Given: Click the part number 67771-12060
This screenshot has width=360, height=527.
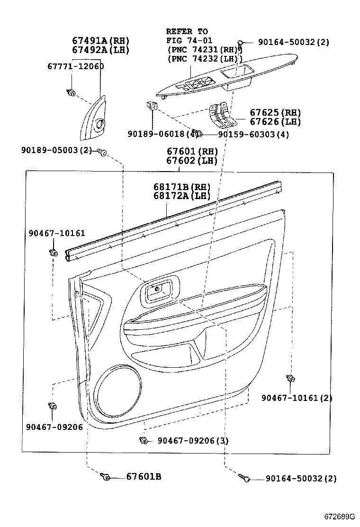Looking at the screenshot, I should [75, 66].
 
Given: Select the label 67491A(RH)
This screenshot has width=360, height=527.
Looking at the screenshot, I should [100, 41].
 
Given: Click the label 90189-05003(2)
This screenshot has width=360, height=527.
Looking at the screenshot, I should [56, 150].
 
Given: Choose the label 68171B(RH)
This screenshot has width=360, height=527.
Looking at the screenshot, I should [181, 187].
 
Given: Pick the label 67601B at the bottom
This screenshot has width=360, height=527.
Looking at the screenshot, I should [144, 476].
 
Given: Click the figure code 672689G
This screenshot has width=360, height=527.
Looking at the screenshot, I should [340, 516].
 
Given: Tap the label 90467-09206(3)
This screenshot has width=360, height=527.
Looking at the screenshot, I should [193, 441].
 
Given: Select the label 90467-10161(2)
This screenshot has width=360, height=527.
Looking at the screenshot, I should [297, 398].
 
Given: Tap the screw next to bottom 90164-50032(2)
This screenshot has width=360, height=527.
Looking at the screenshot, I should [245, 478].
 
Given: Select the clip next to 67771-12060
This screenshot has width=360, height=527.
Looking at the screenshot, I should [71, 92].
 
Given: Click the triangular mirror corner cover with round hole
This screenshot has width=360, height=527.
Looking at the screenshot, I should [94, 122].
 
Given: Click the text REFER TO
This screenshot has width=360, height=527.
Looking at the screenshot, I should [187, 31].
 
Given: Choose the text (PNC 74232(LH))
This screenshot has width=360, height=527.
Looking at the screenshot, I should [204, 59].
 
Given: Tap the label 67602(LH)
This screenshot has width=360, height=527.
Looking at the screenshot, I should [192, 160].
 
